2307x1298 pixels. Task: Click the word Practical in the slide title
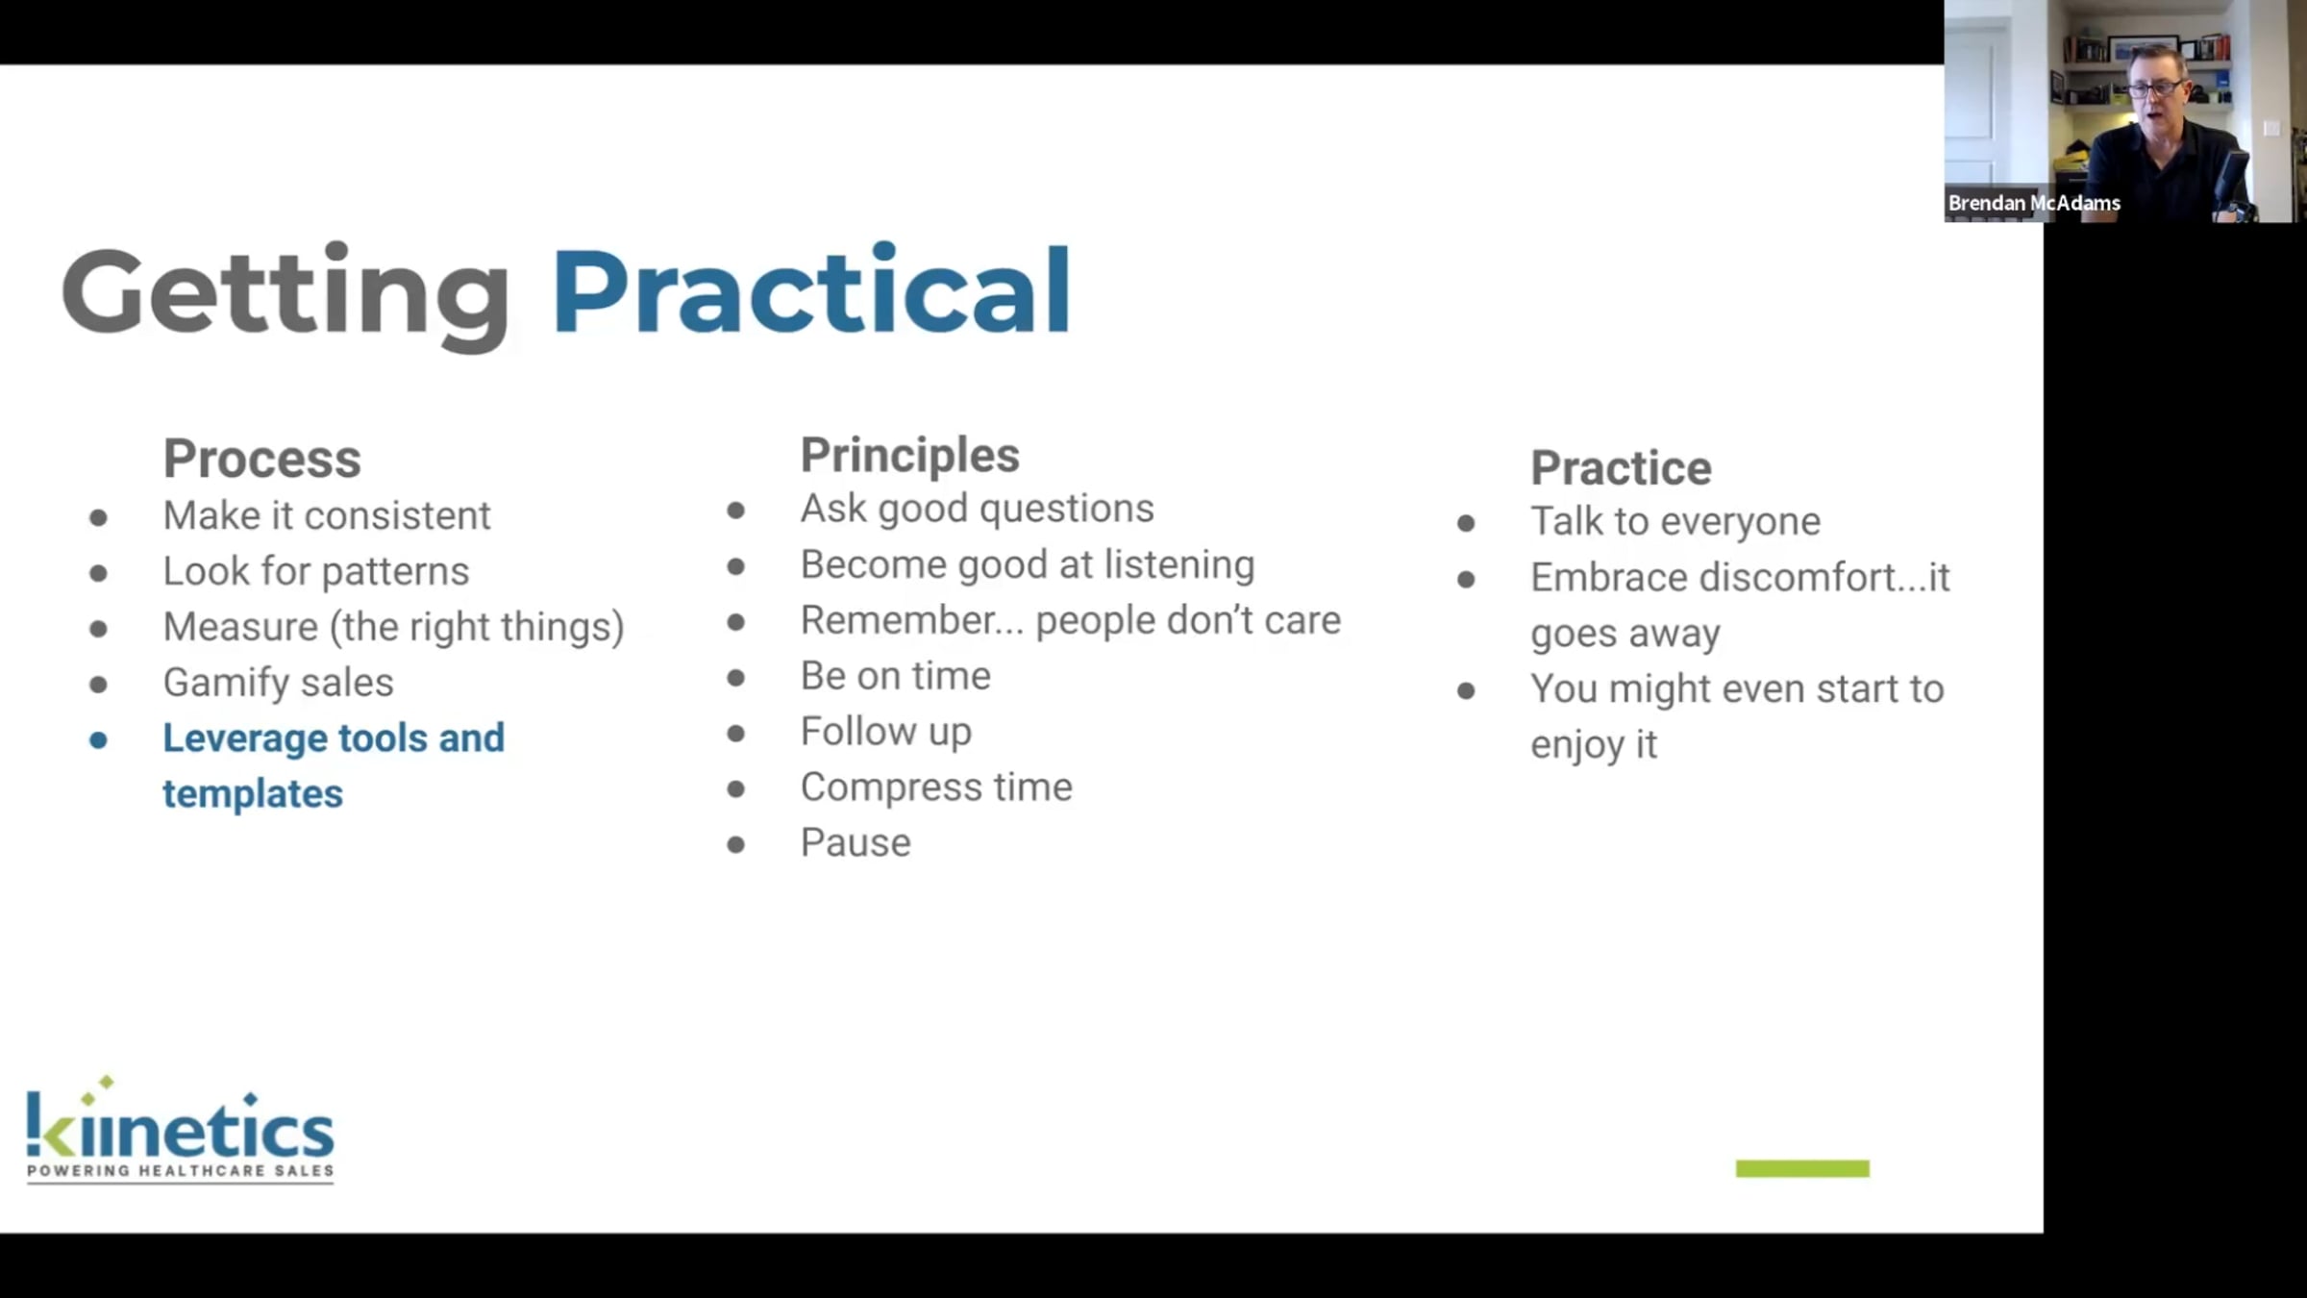[811, 290]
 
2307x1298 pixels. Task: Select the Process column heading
[262, 458]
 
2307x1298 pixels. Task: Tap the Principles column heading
[909, 455]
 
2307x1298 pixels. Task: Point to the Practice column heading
[1621, 468]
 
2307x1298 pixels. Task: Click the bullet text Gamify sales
[278, 682]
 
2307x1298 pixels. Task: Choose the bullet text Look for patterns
[315, 571]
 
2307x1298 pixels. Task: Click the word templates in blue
[253, 793]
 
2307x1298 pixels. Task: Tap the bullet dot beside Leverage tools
[98, 740]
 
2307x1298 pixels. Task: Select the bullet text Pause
[856, 842]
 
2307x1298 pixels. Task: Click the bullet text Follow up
[885, 732]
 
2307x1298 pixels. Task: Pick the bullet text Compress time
[936, 787]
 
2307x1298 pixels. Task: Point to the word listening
[1179, 565]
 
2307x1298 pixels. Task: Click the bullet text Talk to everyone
[1675, 521]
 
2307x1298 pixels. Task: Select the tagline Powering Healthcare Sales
[180, 1171]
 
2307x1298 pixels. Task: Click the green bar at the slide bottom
[1802, 1169]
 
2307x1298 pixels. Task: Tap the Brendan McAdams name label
[2034, 203]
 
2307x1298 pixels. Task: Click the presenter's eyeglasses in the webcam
[2155, 89]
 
